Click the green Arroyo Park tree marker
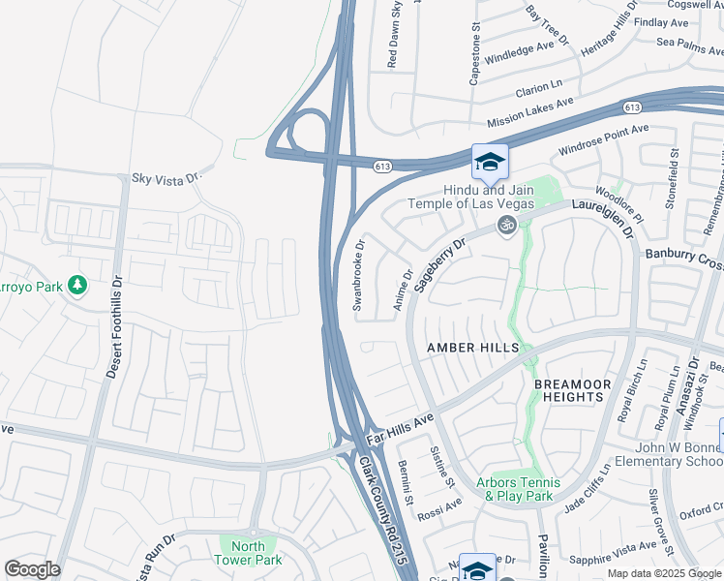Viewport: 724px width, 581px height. coord(77,285)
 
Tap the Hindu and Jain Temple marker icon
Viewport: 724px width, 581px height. coord(504,225)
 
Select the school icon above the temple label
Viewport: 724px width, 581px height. coord(490,162)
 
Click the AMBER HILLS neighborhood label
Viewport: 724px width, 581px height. coord(474,348)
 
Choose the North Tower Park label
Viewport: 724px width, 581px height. coord(248,553)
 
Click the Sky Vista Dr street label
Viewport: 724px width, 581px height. coord(165,178)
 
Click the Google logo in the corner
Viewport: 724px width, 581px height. coord(32,569)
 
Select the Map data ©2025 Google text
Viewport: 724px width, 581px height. coord(663,573)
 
